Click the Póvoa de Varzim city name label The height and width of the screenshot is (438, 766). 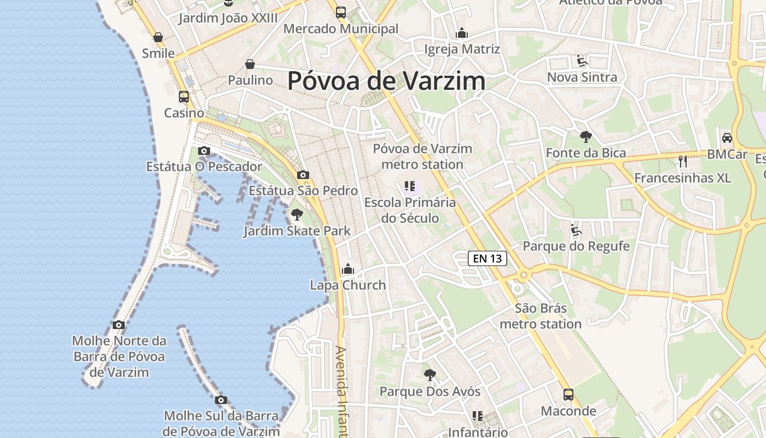(x=386, y=81)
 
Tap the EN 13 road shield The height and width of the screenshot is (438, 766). (x=488, y=258)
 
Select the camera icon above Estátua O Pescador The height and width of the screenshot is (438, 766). (x=204, y=151)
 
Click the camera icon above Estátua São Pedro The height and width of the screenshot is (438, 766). (x=303, y=175)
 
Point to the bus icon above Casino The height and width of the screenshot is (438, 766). (x=184, y=97)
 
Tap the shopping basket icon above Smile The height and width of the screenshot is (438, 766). (x=158, y=37)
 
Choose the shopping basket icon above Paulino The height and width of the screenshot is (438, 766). (x=250, y=64)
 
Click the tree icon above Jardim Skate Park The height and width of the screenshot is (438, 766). (x=297, y=214)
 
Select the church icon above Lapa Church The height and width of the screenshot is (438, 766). (x=348, y=269)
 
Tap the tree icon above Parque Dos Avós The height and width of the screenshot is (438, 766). (x=430, y=375)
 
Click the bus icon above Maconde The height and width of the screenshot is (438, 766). (x=568, y=395)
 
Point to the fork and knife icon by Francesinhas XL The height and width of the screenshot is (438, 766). (x=682, y=161)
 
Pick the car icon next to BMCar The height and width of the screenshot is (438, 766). (x=727, y=138)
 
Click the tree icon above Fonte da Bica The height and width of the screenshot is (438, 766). (x=586, y=137)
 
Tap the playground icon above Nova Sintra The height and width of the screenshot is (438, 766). (x=582, y=61)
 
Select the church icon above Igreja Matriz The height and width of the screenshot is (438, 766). (x=462, y=33)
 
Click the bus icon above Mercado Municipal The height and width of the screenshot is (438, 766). (x=341, y=12)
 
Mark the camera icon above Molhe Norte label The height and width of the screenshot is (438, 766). (x=119, y=325)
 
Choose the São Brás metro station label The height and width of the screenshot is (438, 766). (x=541, y=316)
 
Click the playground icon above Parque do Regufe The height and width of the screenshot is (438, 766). (x=576, y=230)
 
